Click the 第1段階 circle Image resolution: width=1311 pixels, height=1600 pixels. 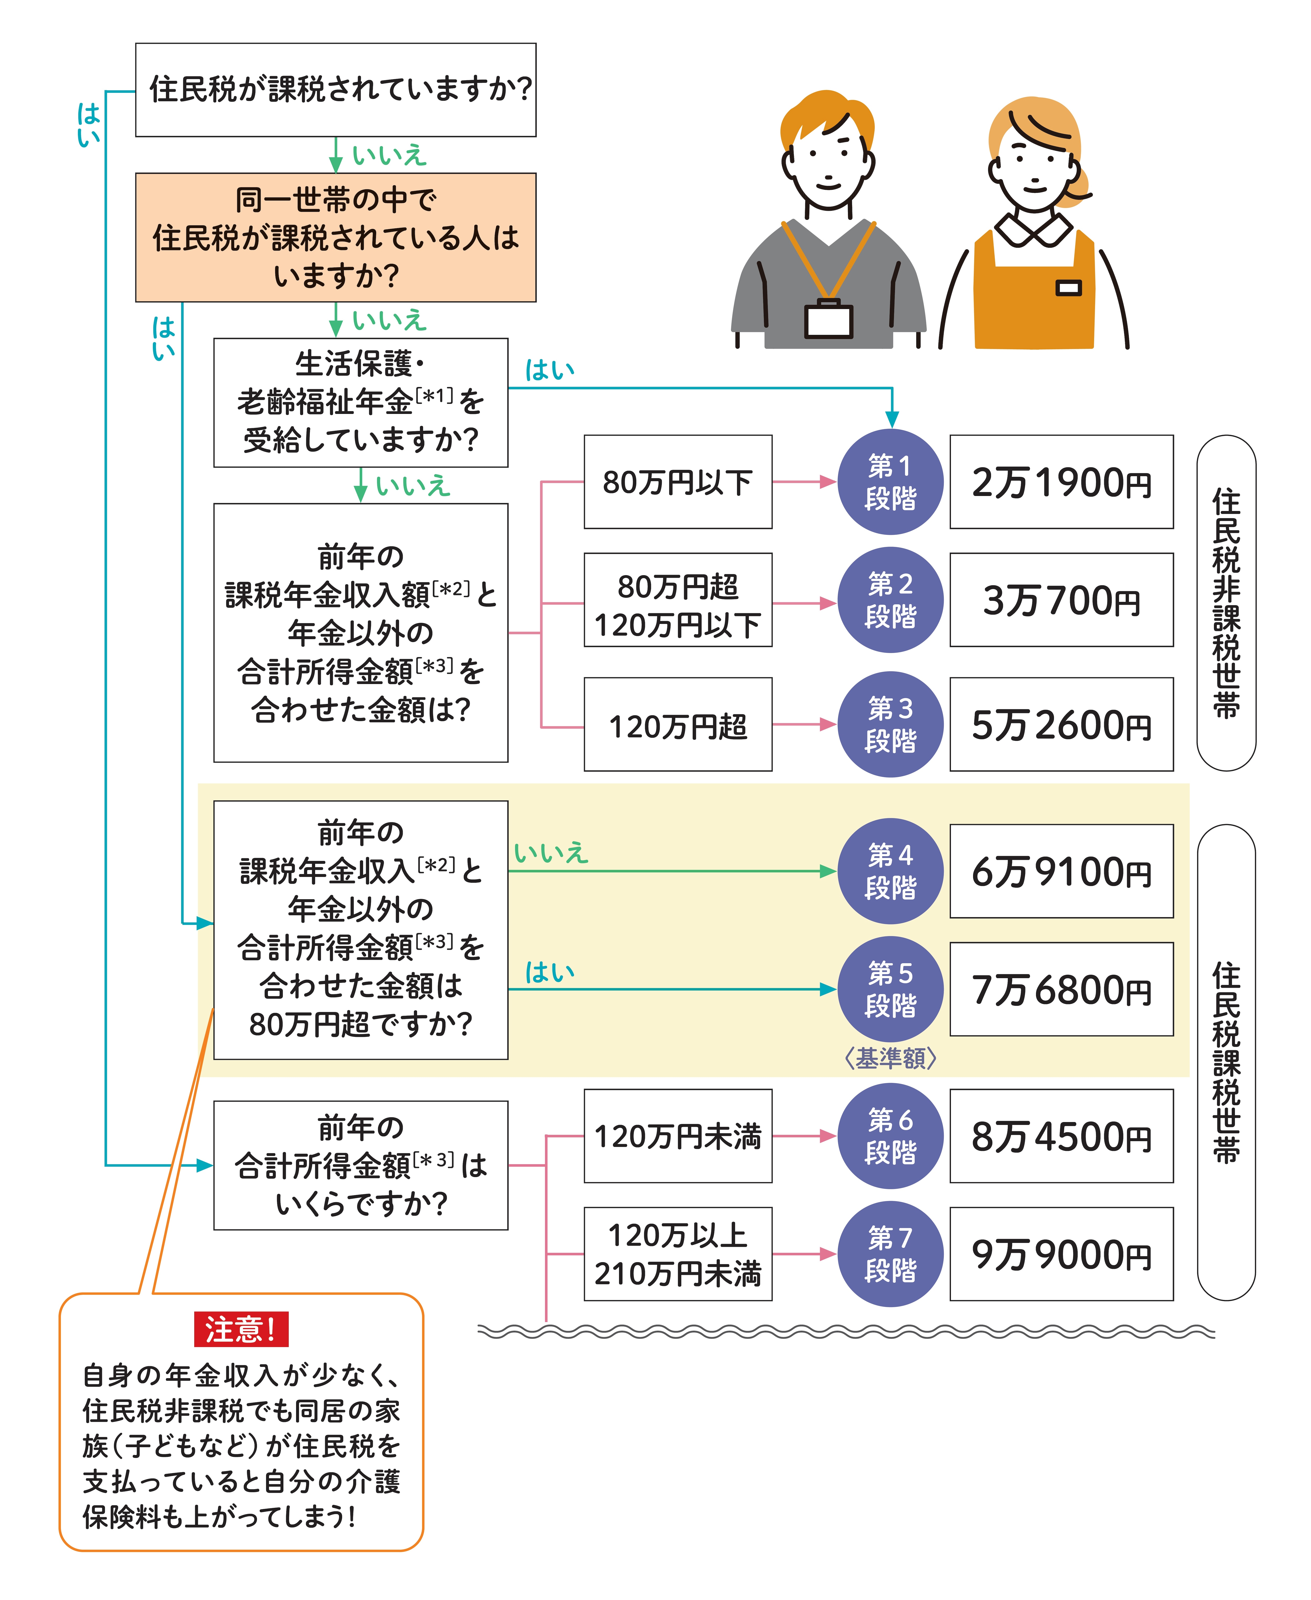point(890,482)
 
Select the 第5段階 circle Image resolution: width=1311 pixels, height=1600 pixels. point(890,989)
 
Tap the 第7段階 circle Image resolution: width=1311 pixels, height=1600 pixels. point(890,1253)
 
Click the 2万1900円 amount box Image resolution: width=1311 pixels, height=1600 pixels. point(1061,482)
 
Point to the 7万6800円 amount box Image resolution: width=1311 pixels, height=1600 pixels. point(1061,989)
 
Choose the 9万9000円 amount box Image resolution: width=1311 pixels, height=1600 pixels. point(1061,1253)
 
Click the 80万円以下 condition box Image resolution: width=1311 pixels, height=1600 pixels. point(678,482)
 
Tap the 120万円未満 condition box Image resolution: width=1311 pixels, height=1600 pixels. point(678,1136)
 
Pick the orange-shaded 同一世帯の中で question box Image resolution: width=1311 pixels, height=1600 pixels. point(335,237)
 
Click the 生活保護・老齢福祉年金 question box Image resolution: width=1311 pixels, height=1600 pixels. point(360,402)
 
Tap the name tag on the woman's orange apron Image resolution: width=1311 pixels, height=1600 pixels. point(1068,288)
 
